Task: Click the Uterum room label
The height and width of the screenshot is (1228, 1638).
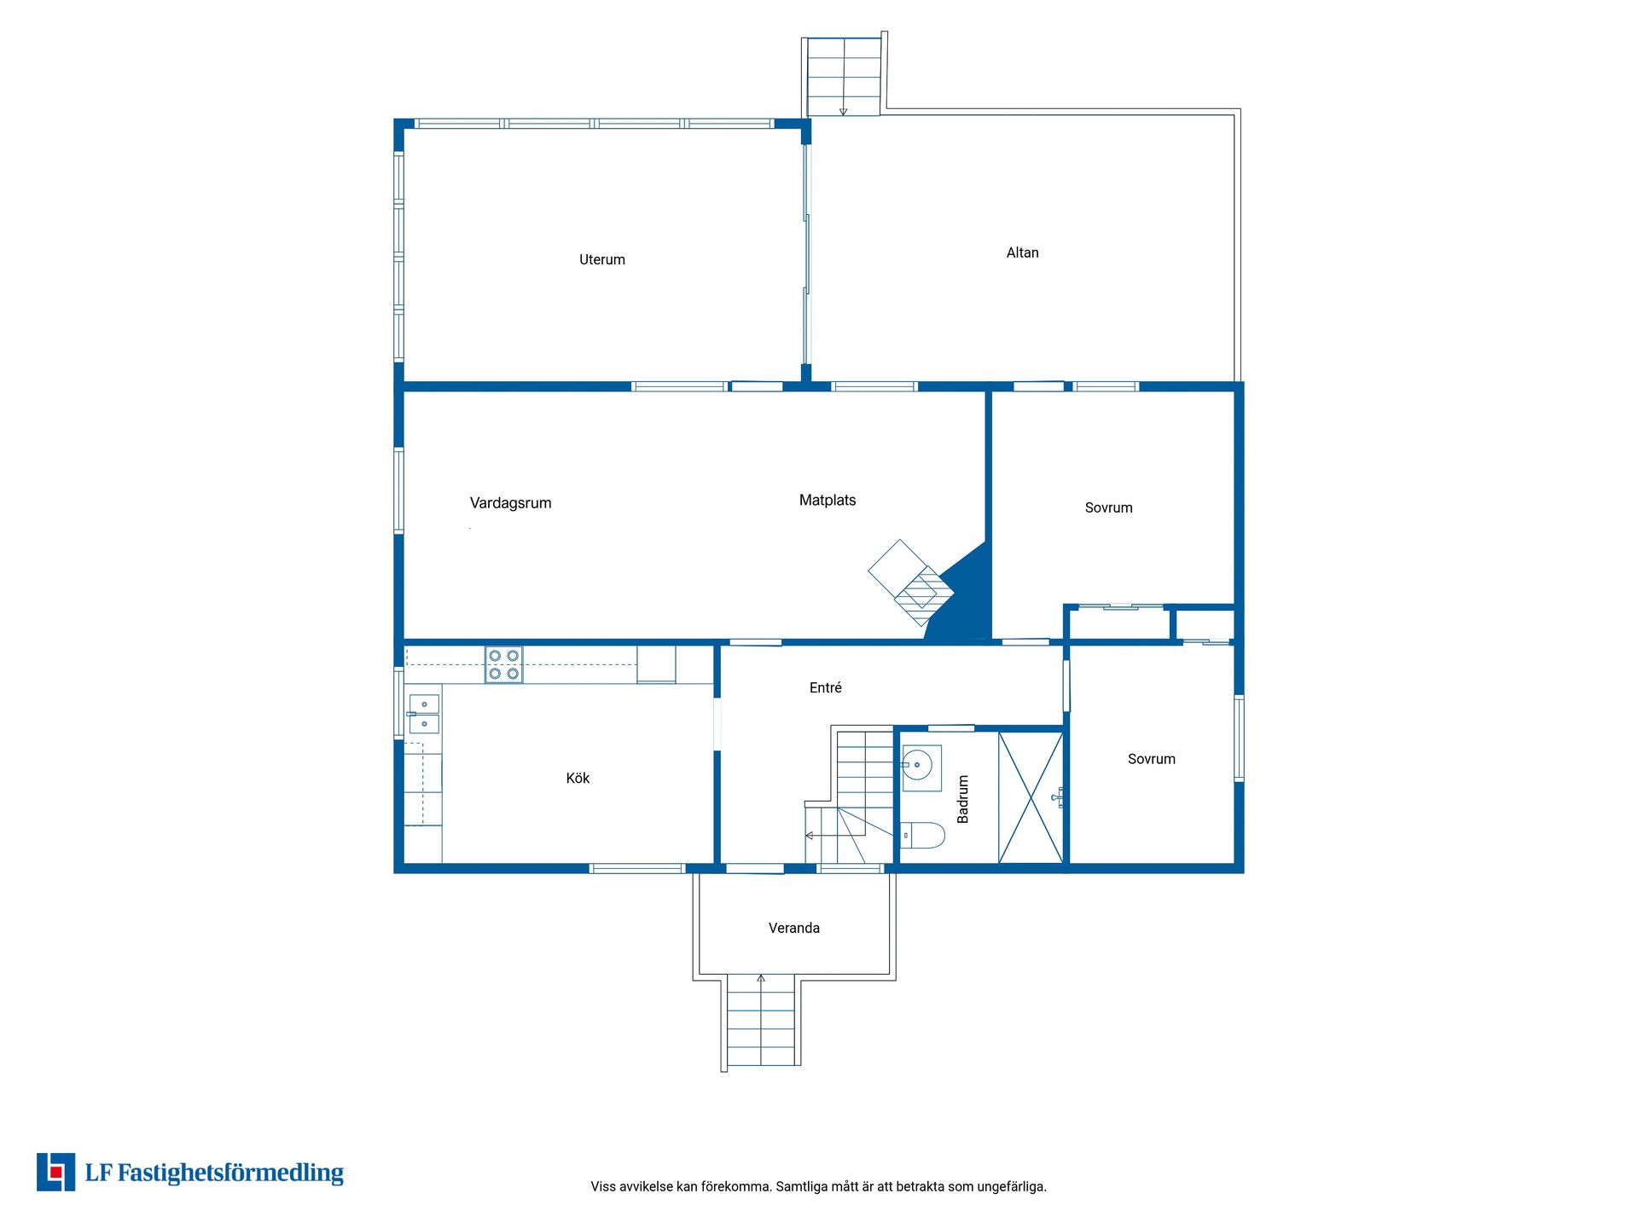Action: [602, 259]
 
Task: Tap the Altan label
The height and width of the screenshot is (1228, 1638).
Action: [1022, 252]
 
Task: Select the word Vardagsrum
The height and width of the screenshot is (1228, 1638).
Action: [510, 503]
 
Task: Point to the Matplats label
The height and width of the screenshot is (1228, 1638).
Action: [828, 501]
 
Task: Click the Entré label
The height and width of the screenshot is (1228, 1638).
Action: [826, 687]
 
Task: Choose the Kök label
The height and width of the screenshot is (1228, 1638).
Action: [578, 778]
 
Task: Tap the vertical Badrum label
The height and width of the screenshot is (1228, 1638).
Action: [963, 799]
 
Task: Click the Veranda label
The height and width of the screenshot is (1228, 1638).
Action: [794, 928]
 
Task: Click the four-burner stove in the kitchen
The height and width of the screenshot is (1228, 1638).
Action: [503, 664]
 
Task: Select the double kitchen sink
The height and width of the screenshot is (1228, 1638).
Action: [424, 714]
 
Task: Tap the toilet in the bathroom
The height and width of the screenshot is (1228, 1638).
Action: [923, 835]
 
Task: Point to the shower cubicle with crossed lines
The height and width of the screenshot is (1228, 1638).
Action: [1031, 797]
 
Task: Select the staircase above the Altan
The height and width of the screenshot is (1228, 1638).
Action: [844, 77]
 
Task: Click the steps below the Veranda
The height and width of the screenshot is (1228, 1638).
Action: [761, 1021]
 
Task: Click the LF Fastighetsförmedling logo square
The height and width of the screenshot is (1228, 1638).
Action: [55, 1172]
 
